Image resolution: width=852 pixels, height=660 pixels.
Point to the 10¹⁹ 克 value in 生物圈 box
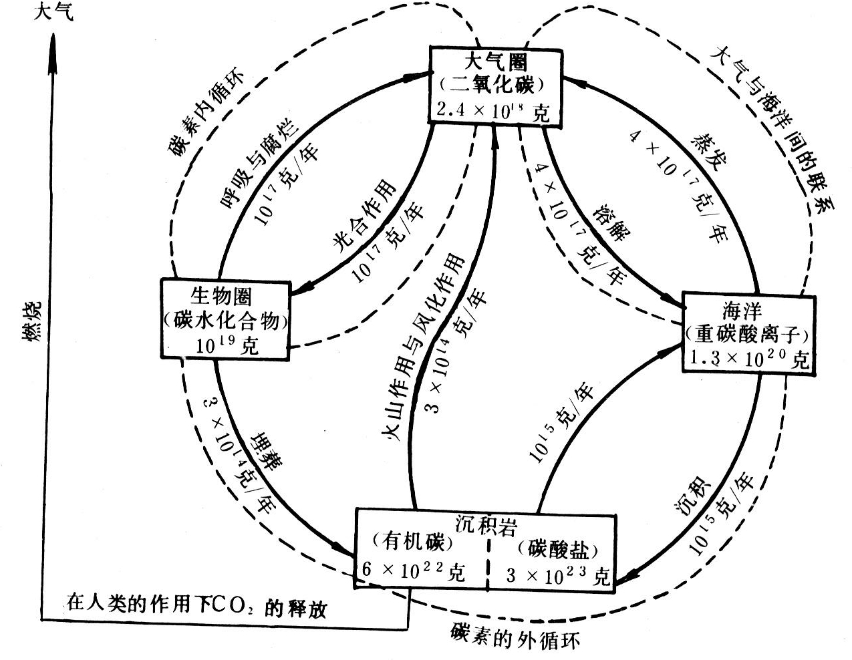pos(227,345)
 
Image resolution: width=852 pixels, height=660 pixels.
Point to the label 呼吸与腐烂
pos(260,164)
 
